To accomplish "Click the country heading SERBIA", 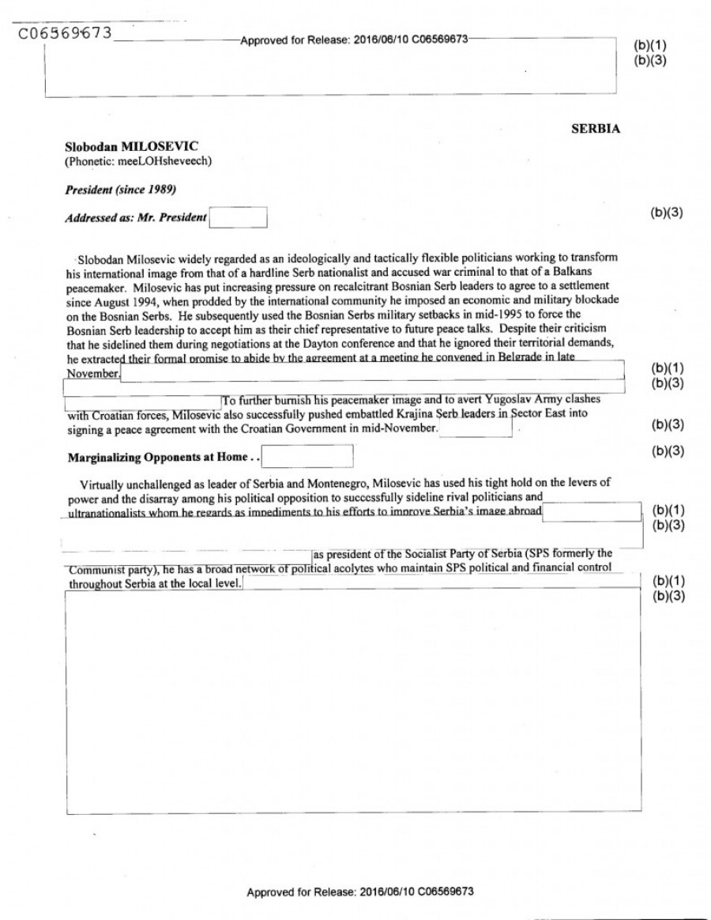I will click(595, 130).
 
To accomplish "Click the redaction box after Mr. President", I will click(238, 217).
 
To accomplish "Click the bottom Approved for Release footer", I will click(360, 892).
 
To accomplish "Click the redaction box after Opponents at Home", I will click(307, 456).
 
